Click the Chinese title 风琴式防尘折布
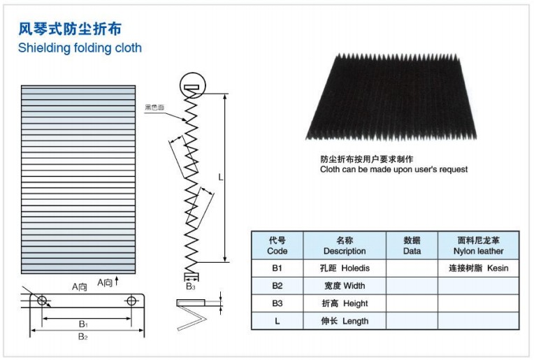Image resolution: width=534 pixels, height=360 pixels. pyautogui.click(x=69, y=29)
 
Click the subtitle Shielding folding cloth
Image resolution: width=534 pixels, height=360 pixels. pyautogui.click(x=80, y=48)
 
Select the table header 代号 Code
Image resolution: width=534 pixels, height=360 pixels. pyautogui.click(x=277, y=245)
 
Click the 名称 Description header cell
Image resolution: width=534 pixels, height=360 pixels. pyautogui.click(x=345, y=245)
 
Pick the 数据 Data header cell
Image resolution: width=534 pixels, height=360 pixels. pyautogui.click(x=412, y=245)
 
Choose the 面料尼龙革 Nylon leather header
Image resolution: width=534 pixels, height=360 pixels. pyautogui.click(x=478, y=245)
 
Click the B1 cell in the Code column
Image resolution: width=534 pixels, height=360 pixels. pyautogui.click(x=277, y=268)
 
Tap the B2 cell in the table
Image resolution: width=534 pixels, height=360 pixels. pyautogui.click(x=277, y=286)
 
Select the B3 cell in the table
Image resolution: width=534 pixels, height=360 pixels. pyautogui.click(x=277, y=303)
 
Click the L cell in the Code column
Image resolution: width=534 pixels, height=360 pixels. pyautogui.click(x=277, y=321)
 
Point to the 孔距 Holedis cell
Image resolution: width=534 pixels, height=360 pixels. pyautogui.click(x=345, y=268)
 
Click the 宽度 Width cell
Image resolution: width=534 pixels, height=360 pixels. pyautogui.click(x=345, y=286)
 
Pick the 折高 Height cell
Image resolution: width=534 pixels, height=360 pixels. pyautogui.click(x=345, y=303)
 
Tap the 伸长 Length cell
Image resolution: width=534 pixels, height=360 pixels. pyautogui.click(x=345, y=321)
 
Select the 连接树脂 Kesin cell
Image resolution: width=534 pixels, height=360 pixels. pyautogui.click(x=478, y=268)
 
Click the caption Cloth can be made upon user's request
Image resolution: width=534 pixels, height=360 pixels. pyautogui.click(x=394, y=169)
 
